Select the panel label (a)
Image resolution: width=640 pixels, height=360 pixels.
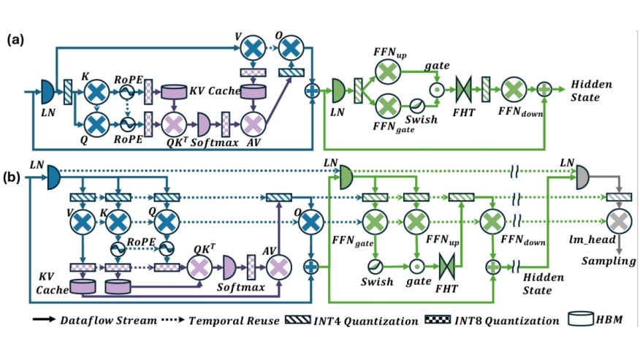(x=15, y=41)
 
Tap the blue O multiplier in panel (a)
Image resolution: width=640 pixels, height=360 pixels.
(x=290, y=48)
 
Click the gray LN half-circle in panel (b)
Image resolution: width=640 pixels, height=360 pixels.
(x=582, y=173)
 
